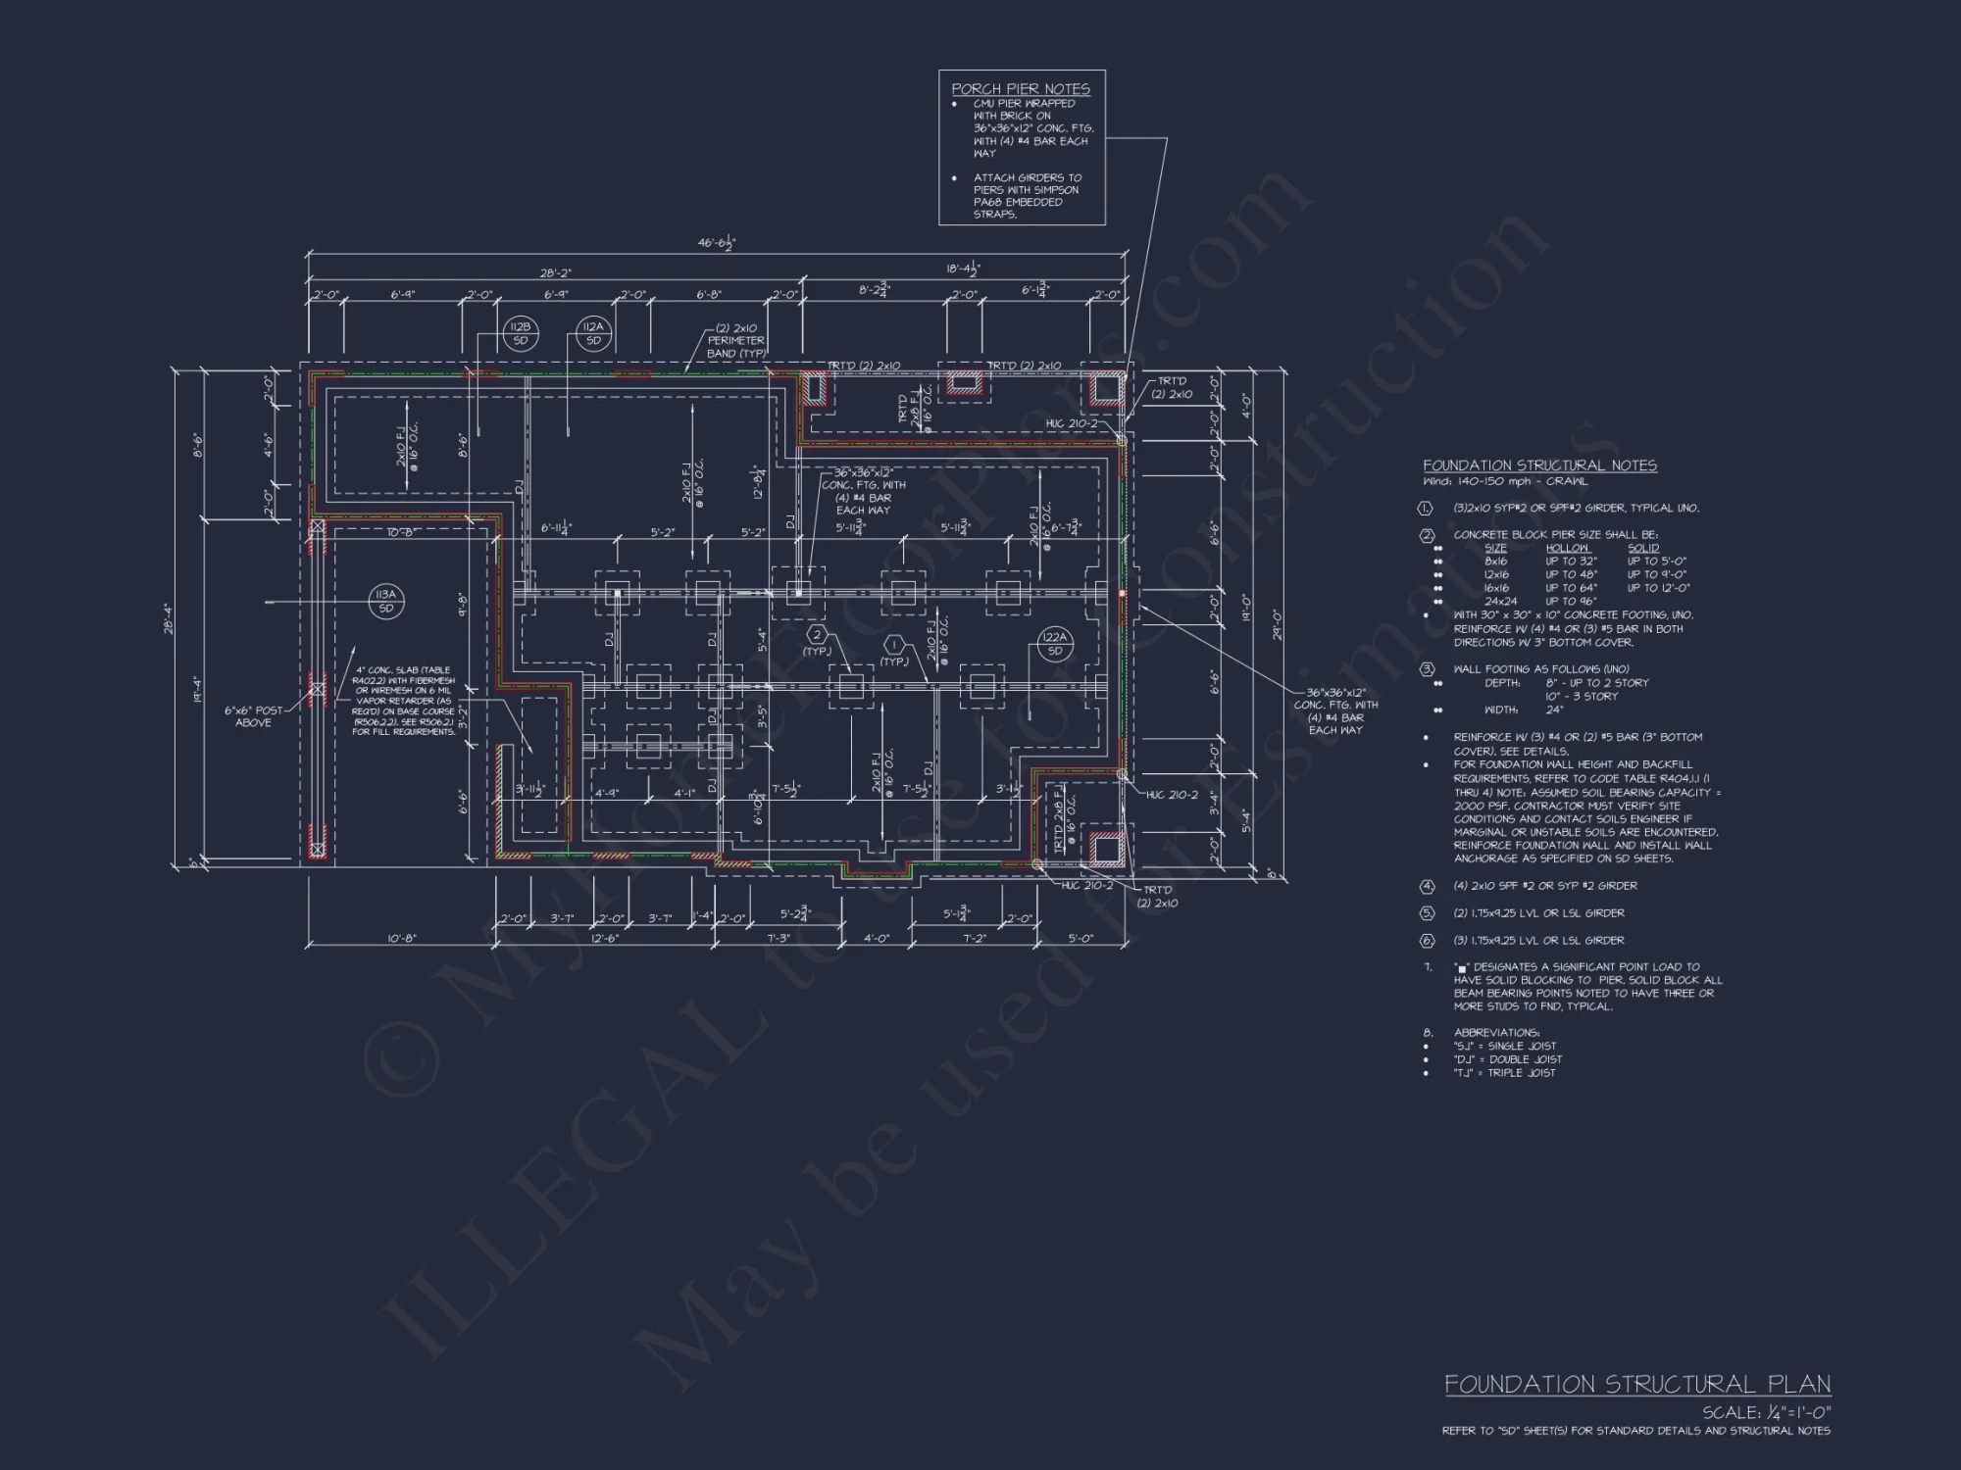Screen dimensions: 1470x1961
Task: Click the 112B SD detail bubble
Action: click(x=520, y=333)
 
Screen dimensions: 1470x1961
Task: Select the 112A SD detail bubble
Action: click(x=593, y=333)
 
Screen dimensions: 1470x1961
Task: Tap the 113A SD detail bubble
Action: click(x=386, y=601)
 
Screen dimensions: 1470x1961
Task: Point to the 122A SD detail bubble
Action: click(x=1055, y=644)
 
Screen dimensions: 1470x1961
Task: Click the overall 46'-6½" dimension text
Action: click(x=717, y=243)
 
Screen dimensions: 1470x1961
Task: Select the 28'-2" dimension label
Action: click(x=556, y=273)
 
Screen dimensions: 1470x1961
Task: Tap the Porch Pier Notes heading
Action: click(x=1021, y=88)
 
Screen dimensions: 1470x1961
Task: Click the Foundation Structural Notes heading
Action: click(x=1539, y=465)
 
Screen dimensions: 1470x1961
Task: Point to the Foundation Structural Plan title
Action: click(x=1637, y=1384)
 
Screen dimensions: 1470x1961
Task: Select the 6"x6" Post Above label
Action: click(x=253, y=716)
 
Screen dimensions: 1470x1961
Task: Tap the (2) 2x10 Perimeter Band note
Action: click(x=735, y=340)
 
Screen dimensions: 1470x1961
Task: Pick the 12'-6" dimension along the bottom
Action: click(x=605, y=939)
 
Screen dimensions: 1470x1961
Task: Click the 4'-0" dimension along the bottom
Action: click(x=877, y=939)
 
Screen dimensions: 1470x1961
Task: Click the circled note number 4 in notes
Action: click(x=1427, y=886)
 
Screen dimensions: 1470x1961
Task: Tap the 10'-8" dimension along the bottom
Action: click(x=401, y=939)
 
